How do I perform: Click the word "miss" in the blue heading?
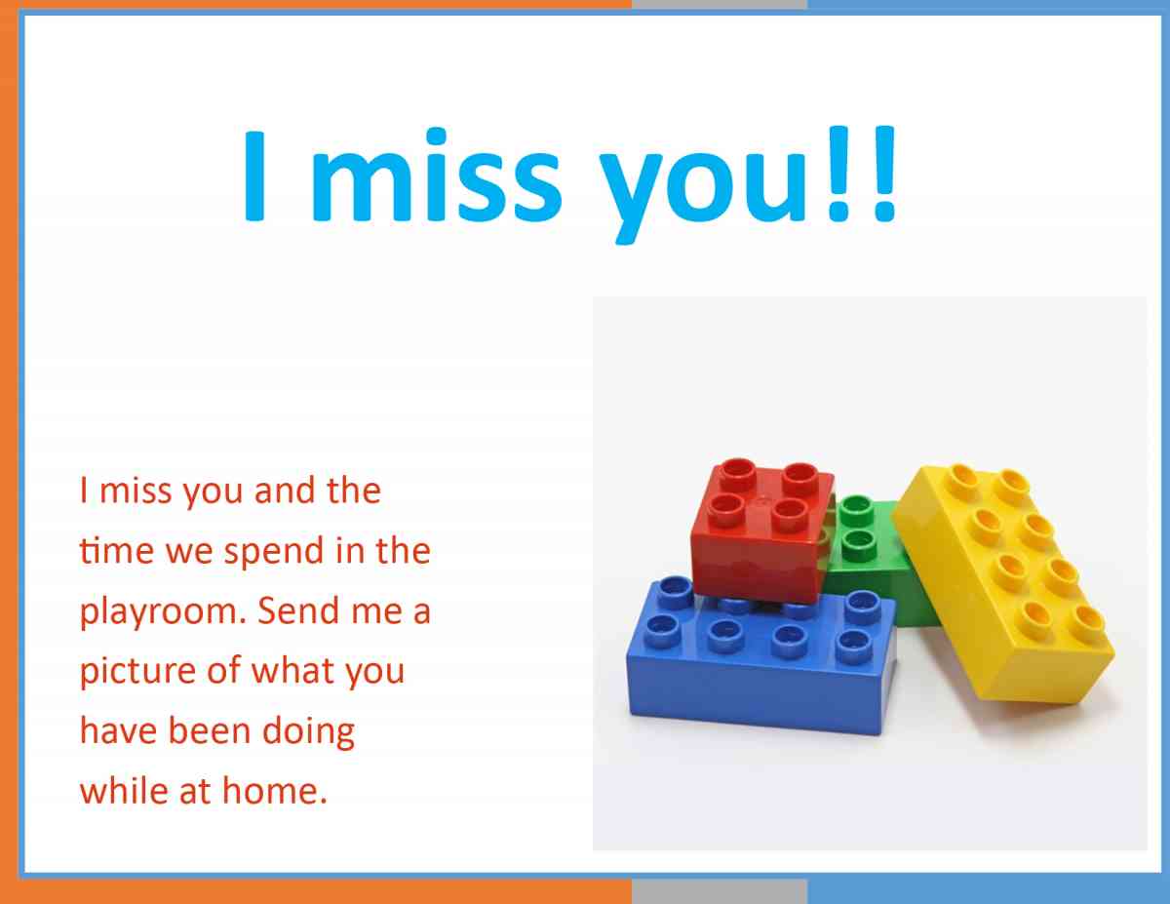437,175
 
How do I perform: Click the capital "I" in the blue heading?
254,176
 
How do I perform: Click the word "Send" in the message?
298,610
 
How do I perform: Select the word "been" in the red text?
210,730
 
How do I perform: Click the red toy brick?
761,531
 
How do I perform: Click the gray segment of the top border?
720,4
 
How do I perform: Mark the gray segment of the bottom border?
720,892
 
